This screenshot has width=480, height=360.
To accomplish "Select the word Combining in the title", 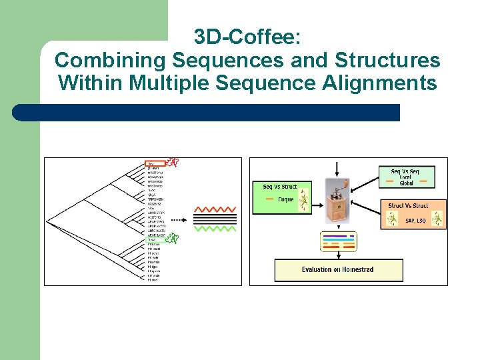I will (111, 60).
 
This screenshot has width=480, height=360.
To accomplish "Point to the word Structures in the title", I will (386, 60).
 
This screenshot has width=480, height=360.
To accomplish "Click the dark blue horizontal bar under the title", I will (207, 112).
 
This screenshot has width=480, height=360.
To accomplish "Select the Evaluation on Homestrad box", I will (339, 269).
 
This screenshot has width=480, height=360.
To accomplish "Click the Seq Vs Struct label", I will (280, 187).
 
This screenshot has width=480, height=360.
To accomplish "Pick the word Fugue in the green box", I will (285, 199).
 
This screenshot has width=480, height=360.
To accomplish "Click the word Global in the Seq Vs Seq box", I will (407, 183).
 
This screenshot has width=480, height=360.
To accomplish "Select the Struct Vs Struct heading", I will (408, 206).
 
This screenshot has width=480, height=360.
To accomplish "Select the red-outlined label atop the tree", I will (155, 163).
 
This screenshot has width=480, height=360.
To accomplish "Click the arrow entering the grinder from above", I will (338, 168).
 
